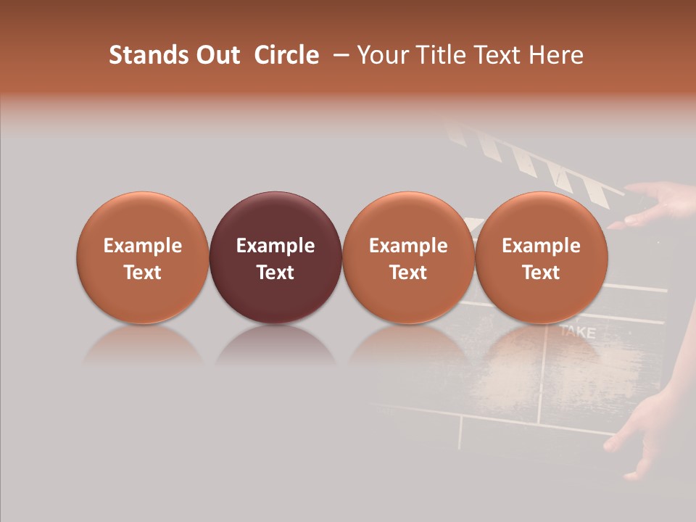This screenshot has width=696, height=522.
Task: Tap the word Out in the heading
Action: pyautogui.click(x=216, y=55)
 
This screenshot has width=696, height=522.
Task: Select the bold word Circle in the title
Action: pyautogui.click(x=286, y=55)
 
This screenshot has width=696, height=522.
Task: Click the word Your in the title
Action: pyautogui.click(x=382, y=55)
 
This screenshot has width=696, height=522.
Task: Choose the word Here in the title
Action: pyautogui.click(x=557, y=55)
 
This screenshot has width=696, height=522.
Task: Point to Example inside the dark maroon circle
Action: pyautogui.click(x=275, y=246)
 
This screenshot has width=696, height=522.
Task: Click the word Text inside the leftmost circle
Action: pyautogui.click(x=142, y=273)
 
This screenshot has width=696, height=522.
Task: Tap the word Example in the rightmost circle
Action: pyautogui.click(x=541, y=246)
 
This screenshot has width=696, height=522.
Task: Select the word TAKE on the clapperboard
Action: pyautogui.click(x=577, y=333)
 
